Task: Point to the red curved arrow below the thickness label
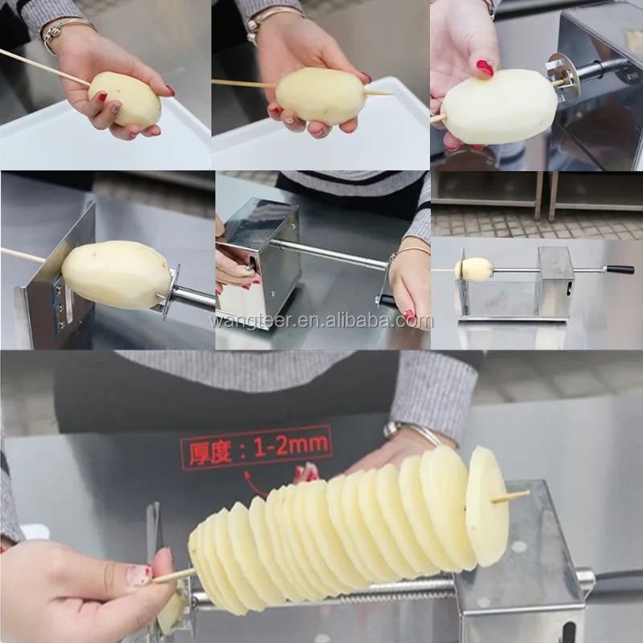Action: click(256, 485)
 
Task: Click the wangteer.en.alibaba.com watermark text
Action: click(321, 321)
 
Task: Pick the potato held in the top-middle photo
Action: click(321, 95)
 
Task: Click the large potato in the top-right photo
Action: click(499, 106)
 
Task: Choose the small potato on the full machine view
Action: click(474, 269)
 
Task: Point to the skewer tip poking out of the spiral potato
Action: click(514, 495)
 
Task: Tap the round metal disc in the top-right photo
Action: click(563, 79)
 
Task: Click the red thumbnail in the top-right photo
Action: click(485, 68)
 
